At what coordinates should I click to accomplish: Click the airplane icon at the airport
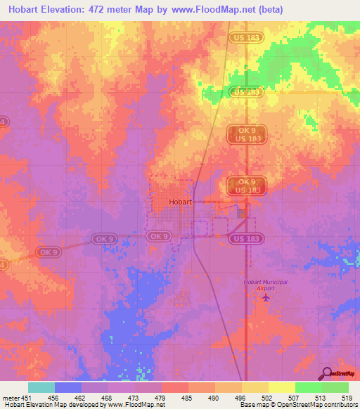[265, 297]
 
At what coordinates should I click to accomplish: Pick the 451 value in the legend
[27, 397]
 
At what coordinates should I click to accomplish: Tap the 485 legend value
[186, 397]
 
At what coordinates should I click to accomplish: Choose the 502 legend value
[266, 397]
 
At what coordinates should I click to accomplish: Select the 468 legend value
[106, 397]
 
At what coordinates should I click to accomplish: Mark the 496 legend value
[240, 397]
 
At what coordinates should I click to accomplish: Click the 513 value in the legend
[321, 397]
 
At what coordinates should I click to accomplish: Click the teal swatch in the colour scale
[41, 387]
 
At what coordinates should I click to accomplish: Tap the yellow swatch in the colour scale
[281, 387]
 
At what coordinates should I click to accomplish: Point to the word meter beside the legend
[9, 397]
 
